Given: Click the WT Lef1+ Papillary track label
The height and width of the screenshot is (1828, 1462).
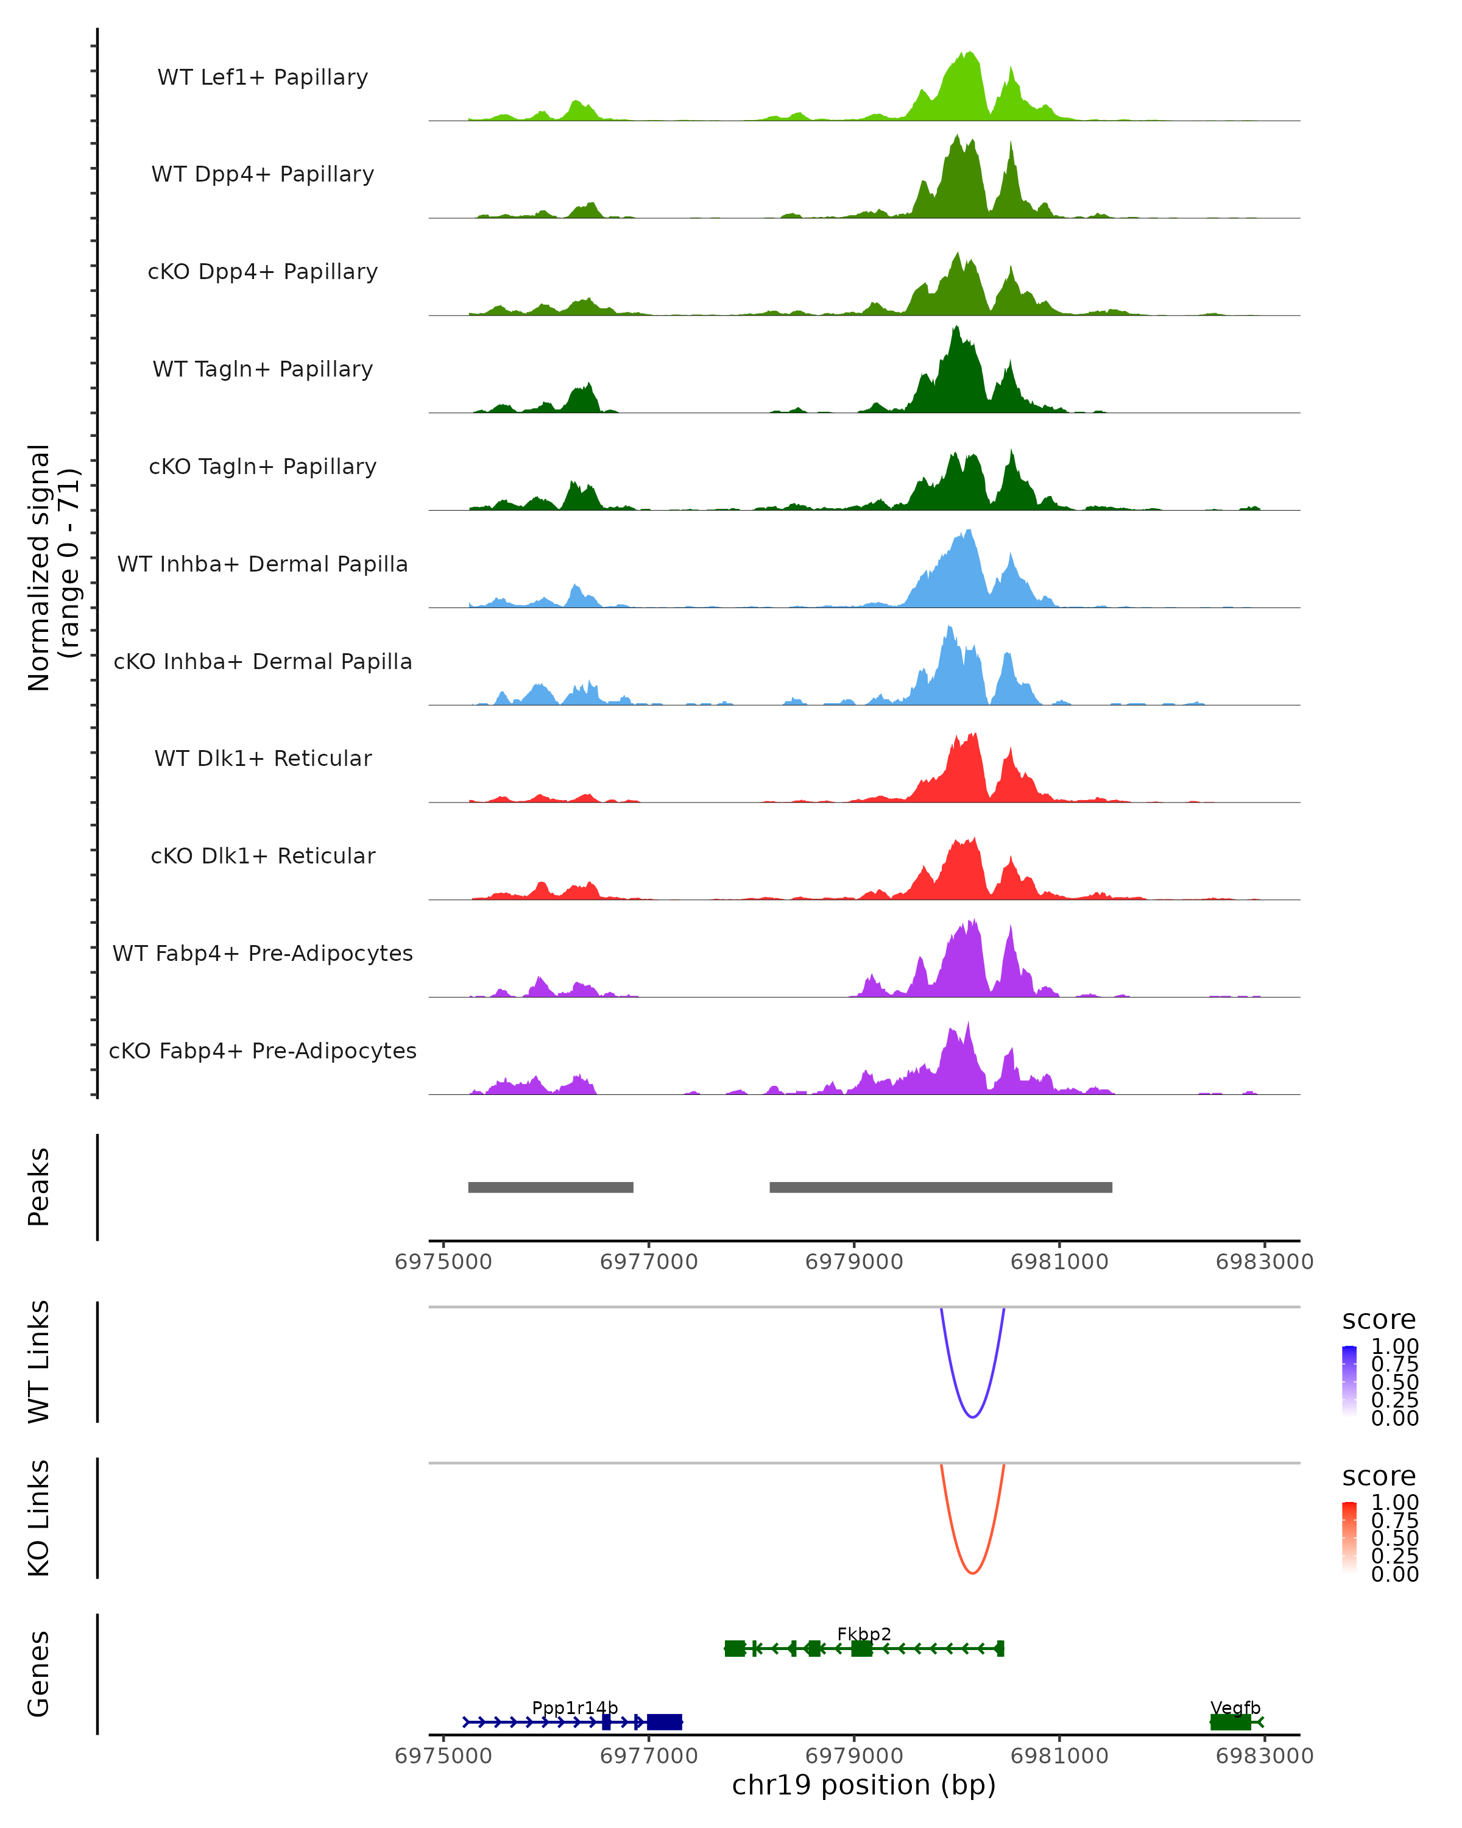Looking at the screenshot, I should click(263, 77).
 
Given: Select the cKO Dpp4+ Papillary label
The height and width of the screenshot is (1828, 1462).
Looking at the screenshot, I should click(263, 271).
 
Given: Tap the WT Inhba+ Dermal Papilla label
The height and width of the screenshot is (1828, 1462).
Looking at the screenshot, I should click(263, 564).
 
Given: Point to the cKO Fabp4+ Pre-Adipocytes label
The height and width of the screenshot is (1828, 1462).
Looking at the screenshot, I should click(263, 1050).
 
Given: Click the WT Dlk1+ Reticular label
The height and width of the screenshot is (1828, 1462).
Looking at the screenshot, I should click(263, 758).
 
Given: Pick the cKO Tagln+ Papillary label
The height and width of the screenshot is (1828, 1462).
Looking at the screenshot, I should click(263, 466).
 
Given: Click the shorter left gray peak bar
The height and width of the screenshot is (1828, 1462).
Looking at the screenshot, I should click(551, 1187).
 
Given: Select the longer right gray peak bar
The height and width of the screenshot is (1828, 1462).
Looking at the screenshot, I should click(941, 1187).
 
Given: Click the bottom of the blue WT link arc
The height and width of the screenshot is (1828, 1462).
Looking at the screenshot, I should click(972, 1416).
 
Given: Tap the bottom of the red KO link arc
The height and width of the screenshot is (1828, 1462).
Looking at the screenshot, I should click(972, 1573).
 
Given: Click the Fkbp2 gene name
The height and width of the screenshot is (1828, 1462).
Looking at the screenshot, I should click(864, 1634).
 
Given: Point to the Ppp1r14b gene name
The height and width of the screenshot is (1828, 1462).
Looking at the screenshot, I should click(574, 1707).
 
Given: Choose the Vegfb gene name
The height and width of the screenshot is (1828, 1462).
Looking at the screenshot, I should click(1235, 1707).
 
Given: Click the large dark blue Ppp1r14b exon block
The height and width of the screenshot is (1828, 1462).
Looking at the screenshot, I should click(665, 1722).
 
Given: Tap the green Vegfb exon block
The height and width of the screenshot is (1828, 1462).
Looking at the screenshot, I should click(1230, 1722).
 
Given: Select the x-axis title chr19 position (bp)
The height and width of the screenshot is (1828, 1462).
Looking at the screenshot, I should click(864, 1785).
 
